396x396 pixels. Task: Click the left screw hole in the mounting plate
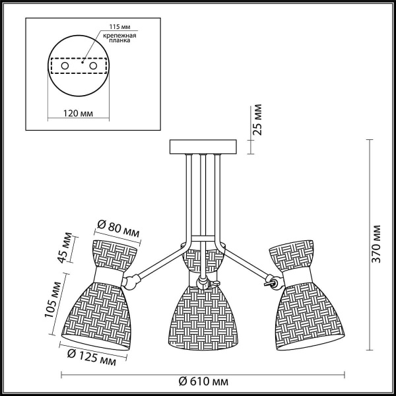click(65, 67)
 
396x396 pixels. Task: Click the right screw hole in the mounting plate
click(94, 67)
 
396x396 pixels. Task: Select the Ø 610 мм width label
click(203, 382)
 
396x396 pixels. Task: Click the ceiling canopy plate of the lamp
click(203, 147)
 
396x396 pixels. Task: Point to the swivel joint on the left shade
click(132, 281)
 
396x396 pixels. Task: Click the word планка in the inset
click(120, 40)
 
